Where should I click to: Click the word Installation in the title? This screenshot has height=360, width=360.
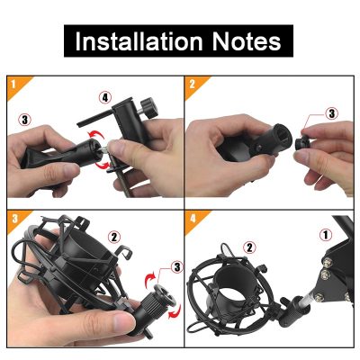139,40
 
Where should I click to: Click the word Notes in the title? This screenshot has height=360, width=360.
247,40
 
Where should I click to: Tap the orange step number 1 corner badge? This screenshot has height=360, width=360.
16,85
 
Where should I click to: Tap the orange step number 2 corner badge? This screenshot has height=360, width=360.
194,85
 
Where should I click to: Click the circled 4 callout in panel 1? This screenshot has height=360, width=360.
105,97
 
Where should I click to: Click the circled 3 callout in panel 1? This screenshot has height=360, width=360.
24,120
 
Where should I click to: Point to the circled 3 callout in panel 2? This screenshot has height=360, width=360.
332,113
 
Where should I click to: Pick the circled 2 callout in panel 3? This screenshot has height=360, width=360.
113,238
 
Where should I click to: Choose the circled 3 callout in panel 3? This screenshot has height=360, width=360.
176,267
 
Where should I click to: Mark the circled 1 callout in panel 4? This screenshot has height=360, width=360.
326,235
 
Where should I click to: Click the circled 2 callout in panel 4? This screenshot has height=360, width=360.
249,247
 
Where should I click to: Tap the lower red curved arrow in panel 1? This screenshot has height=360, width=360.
103,165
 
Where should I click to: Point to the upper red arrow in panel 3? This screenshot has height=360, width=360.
151,281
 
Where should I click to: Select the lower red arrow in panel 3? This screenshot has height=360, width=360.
175,311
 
